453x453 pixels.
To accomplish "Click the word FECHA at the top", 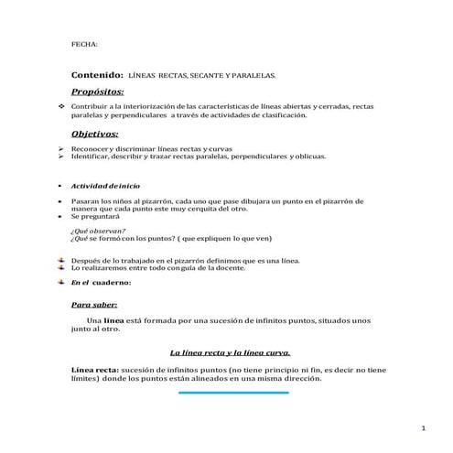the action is (84, 43).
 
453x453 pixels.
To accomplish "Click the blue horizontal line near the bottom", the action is (233, 392).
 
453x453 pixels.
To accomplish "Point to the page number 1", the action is (425, 428).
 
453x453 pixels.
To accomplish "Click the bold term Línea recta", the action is (95, 369).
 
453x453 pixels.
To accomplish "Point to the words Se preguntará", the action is (94, 218).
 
